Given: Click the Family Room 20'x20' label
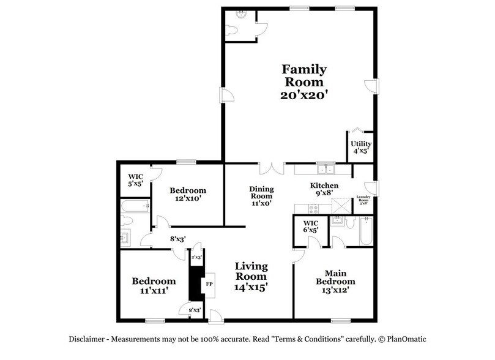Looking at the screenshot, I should (x=303, y=82).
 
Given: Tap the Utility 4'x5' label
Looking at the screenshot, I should (x=361, y=148).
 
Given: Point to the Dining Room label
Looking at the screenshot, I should (x=261, y=196).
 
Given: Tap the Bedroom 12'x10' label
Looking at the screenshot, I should (x=188, y=195).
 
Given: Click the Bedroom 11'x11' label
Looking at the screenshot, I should (x=154, y=285).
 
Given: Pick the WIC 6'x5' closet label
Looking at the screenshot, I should (x=312, y=226).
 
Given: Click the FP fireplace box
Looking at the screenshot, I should (x=208, y=285).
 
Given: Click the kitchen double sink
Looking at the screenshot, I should (x=325, y=169).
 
